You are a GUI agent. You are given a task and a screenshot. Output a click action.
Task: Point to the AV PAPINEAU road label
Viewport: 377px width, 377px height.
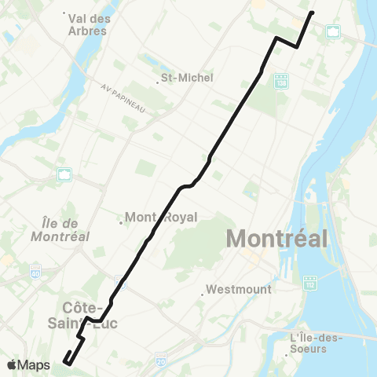(123, 98)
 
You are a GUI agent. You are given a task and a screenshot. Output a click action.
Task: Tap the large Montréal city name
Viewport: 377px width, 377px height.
(276, 237)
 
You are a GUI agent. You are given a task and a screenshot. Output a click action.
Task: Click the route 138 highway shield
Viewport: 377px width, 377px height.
(281, 81)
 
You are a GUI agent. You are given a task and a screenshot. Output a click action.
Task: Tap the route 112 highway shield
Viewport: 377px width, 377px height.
(311, 280)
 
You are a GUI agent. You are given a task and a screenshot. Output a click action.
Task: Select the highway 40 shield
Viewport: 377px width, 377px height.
(35, 272)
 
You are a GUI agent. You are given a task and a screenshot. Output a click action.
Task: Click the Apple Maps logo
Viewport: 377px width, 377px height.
(29, 365)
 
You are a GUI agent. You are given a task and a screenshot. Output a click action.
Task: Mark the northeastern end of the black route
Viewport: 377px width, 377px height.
(312, 13)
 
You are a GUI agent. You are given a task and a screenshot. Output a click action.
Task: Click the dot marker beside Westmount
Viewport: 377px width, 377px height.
(203, 295)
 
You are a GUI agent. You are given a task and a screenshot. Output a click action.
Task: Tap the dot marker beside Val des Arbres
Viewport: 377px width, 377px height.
(66, 13)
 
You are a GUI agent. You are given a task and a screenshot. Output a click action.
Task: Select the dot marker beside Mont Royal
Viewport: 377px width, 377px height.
(120, 222)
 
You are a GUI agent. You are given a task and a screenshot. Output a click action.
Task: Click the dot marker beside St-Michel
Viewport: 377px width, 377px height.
(157, 83)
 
